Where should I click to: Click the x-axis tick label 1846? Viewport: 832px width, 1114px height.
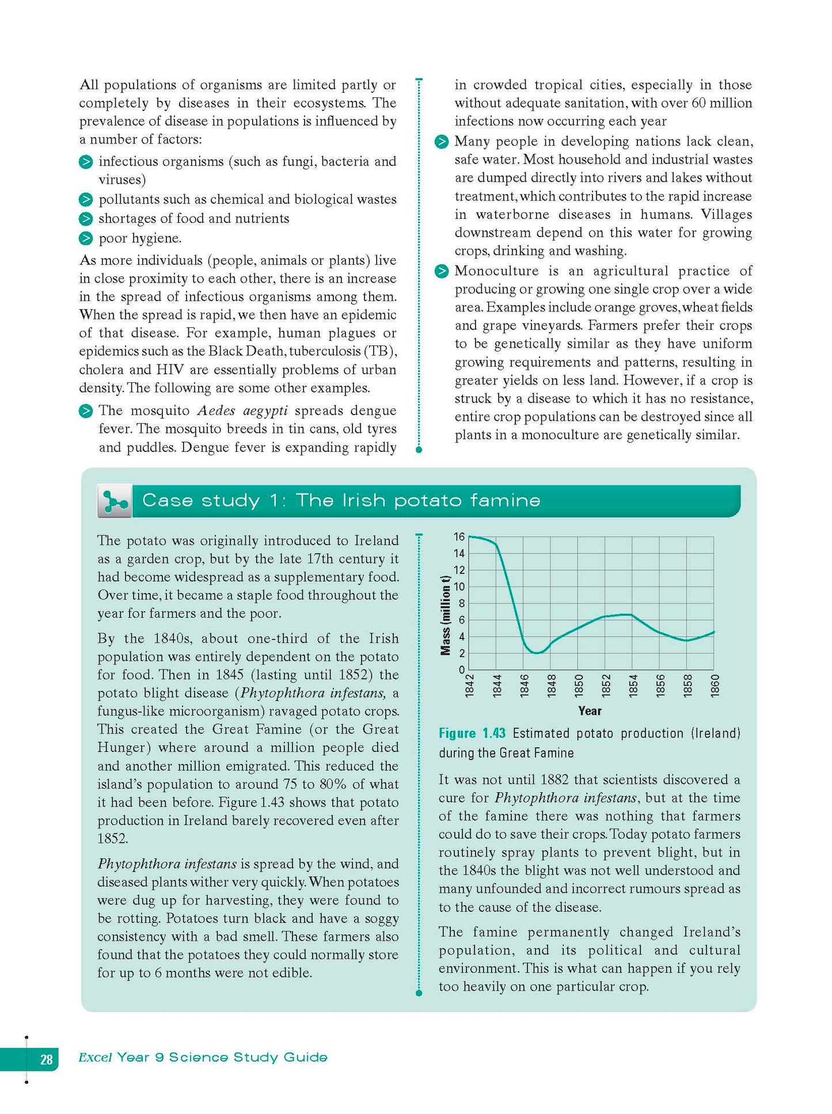tap(525, 685)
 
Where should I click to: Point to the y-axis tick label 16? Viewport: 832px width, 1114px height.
tap(459, 537)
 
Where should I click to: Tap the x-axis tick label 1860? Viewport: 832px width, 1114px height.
tap(715, 685)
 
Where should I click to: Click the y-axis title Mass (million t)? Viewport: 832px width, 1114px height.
tap(445, 615)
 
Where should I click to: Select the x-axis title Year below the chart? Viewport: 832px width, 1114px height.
tap(590, 711)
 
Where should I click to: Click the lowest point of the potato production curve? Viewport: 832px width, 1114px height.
tap(537, 653)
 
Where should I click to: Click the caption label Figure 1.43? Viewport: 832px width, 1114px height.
tap(472, 733)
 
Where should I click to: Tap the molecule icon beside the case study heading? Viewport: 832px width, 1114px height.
tap(115, 501)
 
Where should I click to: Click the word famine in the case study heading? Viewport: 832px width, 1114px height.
tap(504, 500)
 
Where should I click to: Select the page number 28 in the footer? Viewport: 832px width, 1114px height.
tap(46, 1059)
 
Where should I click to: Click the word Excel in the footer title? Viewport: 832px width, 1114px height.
tap(95, 1058)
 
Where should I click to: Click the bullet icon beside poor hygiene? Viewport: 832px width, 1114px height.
tap(86, 238)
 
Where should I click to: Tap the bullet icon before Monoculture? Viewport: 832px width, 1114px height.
tap(442, 271)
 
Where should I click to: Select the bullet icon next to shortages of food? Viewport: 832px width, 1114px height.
tap(86, 219)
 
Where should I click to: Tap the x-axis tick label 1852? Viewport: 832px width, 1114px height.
tap(606, 685)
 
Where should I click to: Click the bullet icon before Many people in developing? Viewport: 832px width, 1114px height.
tap(442, 142)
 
